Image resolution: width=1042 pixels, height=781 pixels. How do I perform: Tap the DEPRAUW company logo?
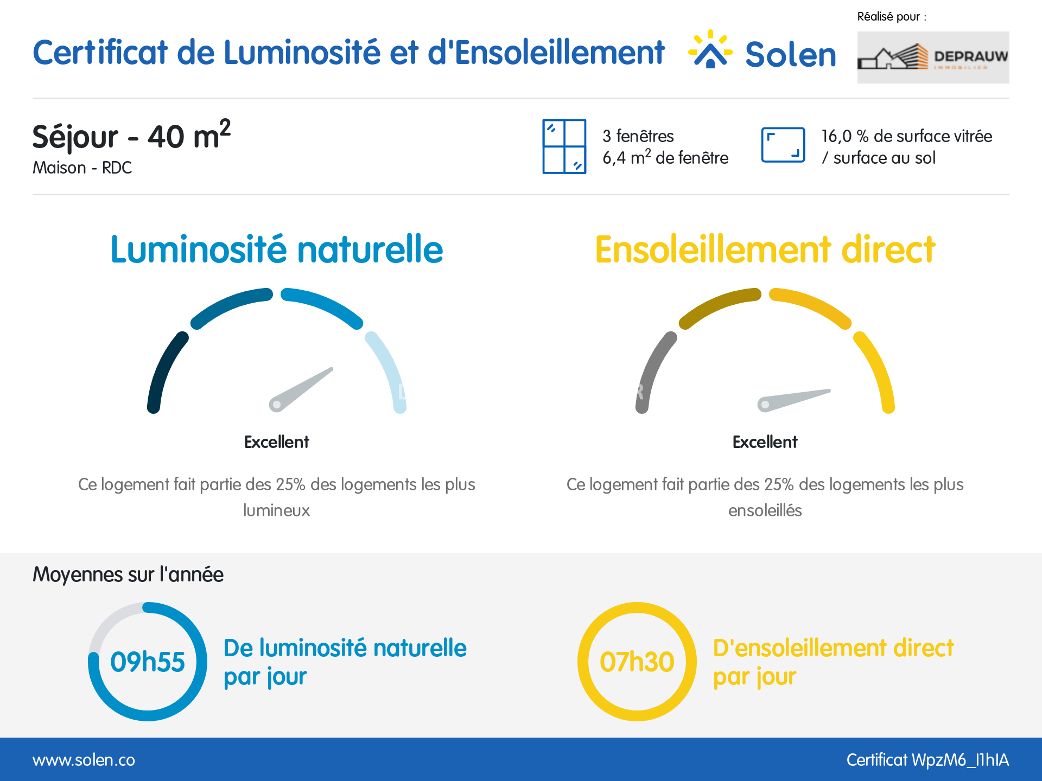pos(933,57)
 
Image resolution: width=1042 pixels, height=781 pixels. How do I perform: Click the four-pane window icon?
pos(564,146)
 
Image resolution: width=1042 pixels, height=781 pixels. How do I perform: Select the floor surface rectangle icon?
pos(783,145)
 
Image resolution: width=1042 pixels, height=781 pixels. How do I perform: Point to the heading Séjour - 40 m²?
pos(132,135)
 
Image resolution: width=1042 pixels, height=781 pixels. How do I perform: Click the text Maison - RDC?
pos(82,168)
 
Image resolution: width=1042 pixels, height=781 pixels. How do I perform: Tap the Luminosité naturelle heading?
pos(277,249)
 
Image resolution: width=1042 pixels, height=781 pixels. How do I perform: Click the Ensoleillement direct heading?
pos(765,249)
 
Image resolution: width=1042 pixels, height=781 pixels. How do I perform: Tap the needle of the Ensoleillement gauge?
pos(793,400)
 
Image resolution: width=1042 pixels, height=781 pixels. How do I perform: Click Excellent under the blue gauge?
pos(277,442)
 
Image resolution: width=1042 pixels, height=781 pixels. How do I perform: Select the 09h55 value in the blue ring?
pos(148,662)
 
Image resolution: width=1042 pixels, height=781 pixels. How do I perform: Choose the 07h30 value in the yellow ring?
pos(637,662)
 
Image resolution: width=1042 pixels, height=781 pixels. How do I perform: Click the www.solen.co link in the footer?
pos(84,760)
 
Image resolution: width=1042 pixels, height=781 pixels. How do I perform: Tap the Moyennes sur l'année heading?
pos(128,574)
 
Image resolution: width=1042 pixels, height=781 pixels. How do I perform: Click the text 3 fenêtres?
pos(638,136)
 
